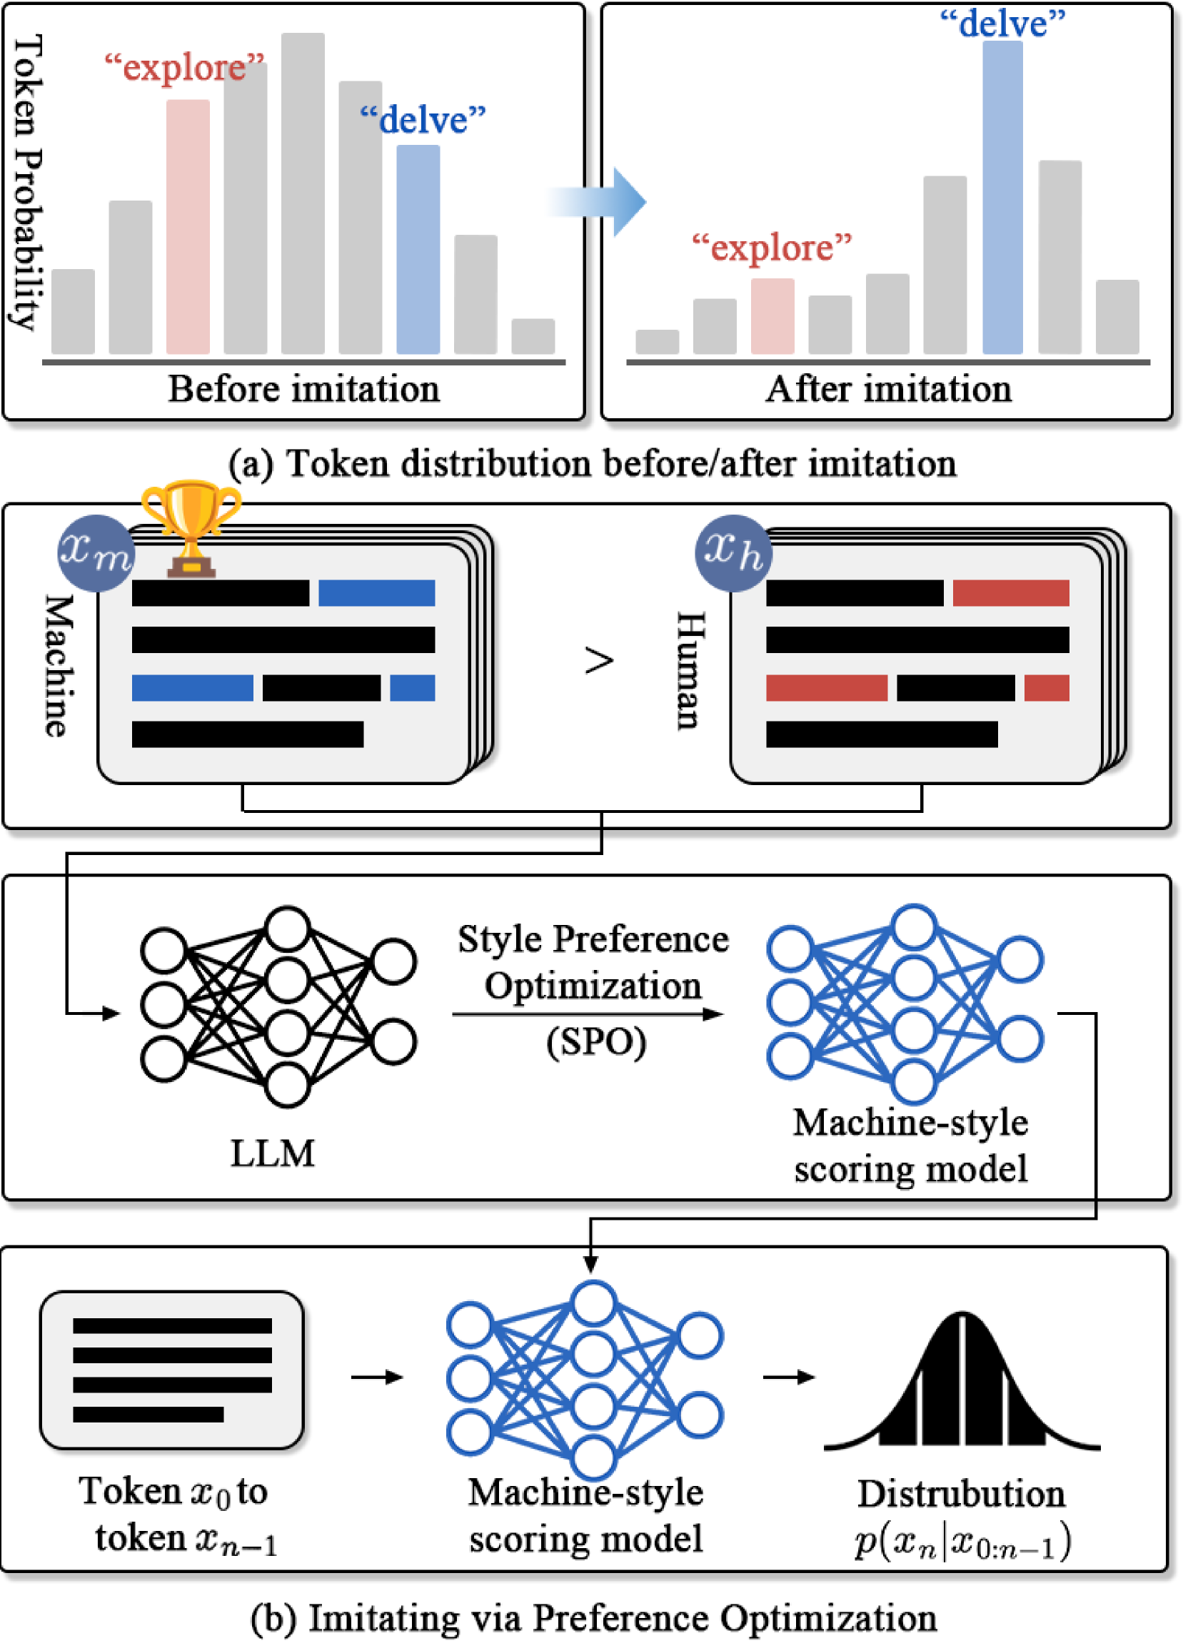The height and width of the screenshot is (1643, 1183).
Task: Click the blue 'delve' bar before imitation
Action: pyautogui.click(x=418, y=249)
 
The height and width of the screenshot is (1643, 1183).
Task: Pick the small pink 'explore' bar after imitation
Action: pyautogui.click(x=772, y=316)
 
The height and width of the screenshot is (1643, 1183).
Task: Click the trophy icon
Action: pyautogui.click(x=191, y=527)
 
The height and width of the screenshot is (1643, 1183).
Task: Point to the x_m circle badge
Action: pyautogui.click(x=96, y=552)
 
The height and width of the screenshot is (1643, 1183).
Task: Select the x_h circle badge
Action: pyautogui.click(x=733, y=552)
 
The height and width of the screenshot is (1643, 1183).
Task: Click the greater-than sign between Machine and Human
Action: pyautogui.click(x=599, y=661)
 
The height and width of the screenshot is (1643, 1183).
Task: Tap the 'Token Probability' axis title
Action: pyautogui.click(x=29, y=181)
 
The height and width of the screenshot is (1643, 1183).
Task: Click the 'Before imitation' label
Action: pyautogui.click(x=304, y=389)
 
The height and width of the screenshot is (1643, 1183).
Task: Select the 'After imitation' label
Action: pyautogui.click(x=889, y=389)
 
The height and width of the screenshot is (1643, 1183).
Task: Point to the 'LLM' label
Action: pyautogui.click(x=273, y=1153)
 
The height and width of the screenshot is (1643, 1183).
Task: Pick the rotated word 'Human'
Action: pyautogui.click(x=690, y=670)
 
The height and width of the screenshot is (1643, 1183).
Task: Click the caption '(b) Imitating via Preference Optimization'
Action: pyautogui.click(x=593, y=1617)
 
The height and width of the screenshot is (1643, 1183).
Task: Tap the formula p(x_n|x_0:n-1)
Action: pyautogui.click(x=962, y=1542)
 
